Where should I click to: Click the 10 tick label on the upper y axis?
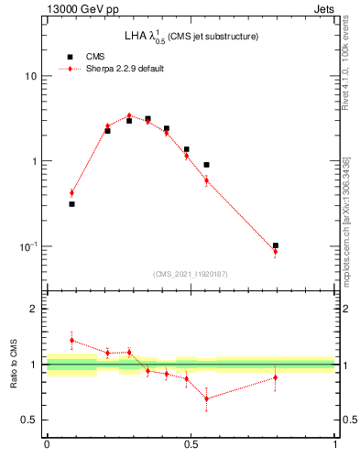click(30, 76)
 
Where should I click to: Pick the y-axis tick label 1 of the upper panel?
click(34, 161)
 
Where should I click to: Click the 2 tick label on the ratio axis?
click(34, 309)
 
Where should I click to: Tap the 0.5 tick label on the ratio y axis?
click(28, 420)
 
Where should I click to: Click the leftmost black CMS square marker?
click(71, 204)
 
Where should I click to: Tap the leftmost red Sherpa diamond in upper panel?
click(71, 192)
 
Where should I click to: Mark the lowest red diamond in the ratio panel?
click(206, 398)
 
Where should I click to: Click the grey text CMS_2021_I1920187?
click(191, 274)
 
